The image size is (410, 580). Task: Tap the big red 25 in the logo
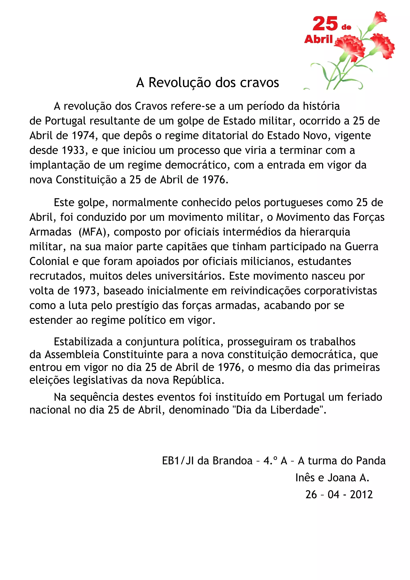(325, 24)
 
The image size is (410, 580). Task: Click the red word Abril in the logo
(319, 39)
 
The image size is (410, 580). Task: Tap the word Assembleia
(72, 355)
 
